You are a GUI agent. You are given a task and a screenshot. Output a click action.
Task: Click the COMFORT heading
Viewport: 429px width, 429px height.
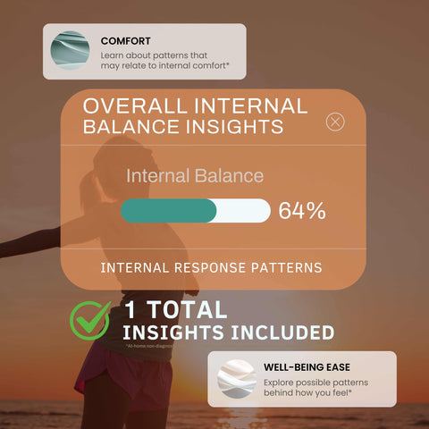[125, 41]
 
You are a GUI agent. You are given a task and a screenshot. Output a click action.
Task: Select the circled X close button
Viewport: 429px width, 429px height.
[335, 122]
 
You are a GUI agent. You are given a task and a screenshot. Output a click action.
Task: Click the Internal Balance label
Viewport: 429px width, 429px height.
[195, 176]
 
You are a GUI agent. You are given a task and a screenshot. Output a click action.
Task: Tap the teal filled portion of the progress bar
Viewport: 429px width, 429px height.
[168, 211]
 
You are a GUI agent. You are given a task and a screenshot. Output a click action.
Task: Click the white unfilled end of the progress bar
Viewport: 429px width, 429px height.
[246, 211]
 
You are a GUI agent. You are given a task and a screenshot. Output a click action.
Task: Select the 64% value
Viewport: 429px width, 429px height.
[301, 211]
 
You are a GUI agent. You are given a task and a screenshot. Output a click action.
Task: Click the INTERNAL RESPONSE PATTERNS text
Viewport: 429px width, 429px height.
[211, 267]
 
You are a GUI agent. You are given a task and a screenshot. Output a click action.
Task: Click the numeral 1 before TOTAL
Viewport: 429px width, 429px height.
[132, 311]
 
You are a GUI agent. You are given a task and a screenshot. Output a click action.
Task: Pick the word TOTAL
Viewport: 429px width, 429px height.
[189, 311]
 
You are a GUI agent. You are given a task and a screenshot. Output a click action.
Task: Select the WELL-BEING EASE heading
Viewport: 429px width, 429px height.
[307, 366]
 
